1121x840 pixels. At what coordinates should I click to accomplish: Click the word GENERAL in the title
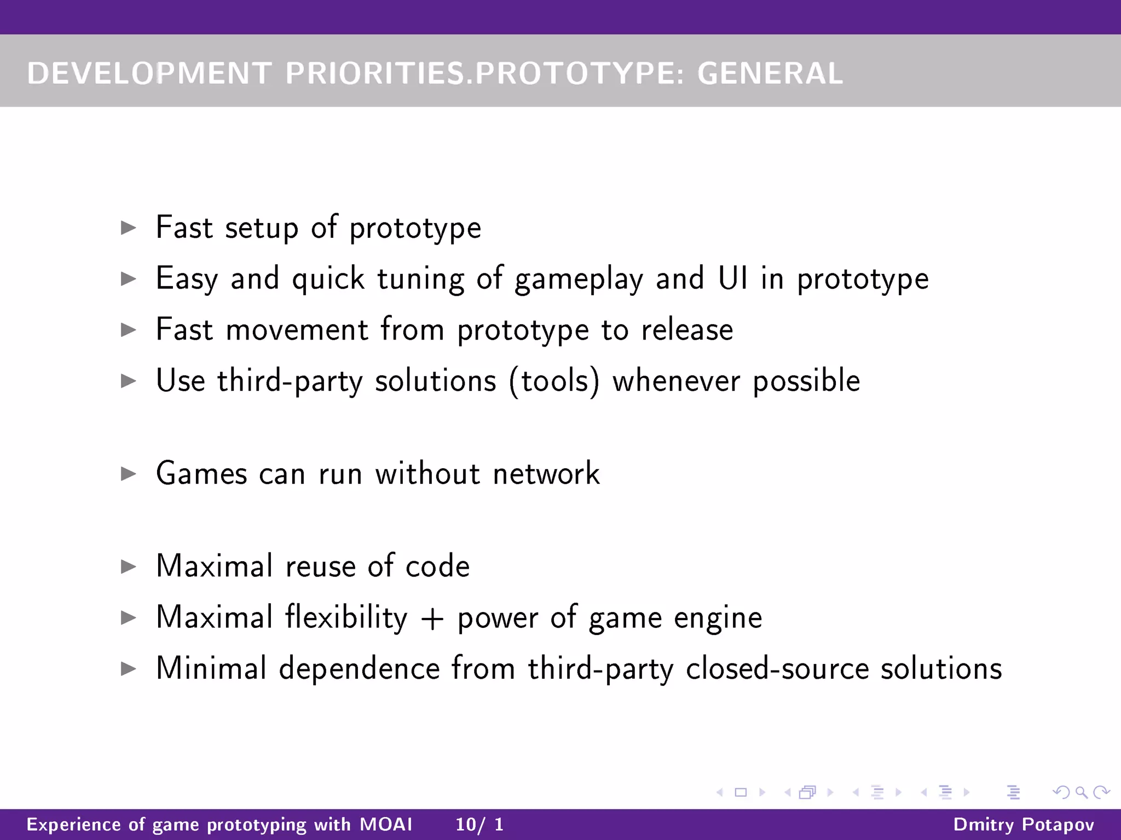click(x=770, y=73)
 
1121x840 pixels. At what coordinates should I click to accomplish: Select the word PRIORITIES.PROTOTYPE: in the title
click(x=484, y=73)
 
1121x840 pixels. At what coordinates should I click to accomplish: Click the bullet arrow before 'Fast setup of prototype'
click(x=129, y=227)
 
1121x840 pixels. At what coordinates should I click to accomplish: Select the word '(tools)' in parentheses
click(x=554, y=381)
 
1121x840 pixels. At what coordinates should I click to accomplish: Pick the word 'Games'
click(x=201, y=473)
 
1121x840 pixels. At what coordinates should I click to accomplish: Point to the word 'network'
click(x=546, y=473)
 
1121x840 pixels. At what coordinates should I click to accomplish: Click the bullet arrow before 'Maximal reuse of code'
click(x=129, y=566)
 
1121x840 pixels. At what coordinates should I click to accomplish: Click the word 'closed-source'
click(x=777, y=668)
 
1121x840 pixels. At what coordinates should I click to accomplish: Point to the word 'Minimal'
click(x=211, y=668)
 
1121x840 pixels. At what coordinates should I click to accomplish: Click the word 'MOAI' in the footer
click(x=386, y=824)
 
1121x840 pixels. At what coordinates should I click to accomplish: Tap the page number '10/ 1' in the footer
click(x=479, y=824)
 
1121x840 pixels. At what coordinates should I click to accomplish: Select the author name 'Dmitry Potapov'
click(x=1024, y=824)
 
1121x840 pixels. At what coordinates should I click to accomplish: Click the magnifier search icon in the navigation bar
click(x=1081, y=792)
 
